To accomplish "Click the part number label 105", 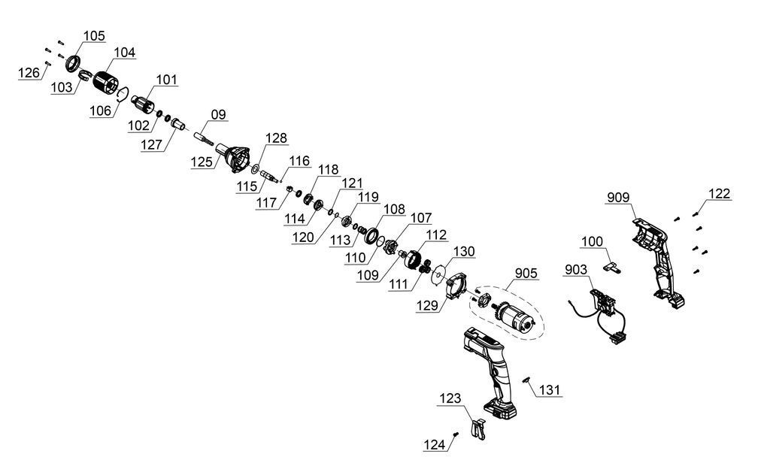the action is (94, 36).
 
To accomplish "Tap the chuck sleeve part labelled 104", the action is (106, 83).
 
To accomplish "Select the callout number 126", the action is (29, 73).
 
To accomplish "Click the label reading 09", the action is (219, 115).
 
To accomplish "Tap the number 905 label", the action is (526, 274).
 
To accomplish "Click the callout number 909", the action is (618, 198).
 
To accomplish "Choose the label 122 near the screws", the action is (720, 194).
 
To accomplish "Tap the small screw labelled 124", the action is (456, 434).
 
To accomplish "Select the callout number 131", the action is (550, 391).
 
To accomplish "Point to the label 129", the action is (427, 306).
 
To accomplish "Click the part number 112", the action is (436, 235).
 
